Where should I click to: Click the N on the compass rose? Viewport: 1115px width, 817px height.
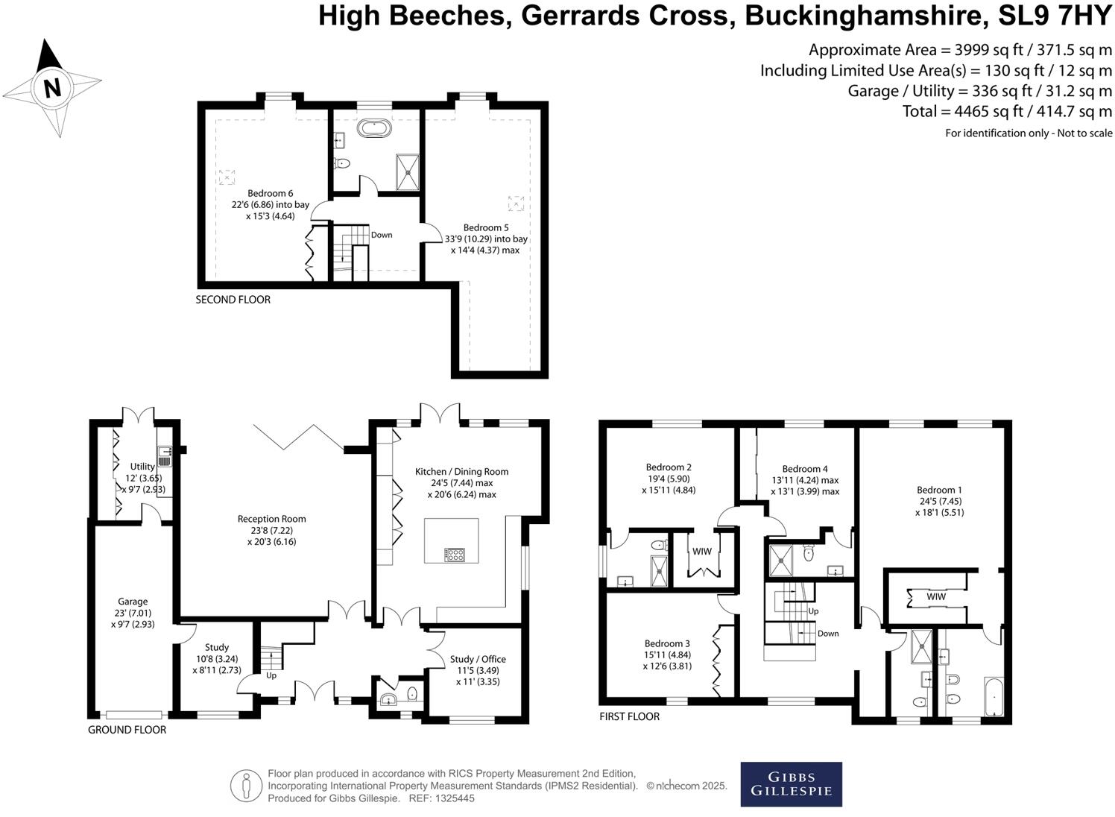[51, 88]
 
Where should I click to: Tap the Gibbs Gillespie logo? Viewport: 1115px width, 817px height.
[791, 783]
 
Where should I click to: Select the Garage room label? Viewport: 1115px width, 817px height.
[133, 602]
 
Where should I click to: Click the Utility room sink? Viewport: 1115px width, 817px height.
[165, 455]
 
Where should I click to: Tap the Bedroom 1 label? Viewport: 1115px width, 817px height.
[939, 490]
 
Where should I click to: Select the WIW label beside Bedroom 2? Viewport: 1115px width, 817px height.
[702, 552]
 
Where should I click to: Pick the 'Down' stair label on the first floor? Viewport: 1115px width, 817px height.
[827, 634]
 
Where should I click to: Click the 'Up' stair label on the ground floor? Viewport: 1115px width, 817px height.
[271, 675]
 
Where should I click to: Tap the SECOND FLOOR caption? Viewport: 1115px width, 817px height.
[233, 300]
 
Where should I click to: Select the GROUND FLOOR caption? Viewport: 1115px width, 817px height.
[127, 730]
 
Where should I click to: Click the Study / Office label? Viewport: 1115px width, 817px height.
[478, 659]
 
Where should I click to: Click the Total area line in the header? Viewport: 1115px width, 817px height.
[1007, 112]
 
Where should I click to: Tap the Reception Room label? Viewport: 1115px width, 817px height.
[271, 519]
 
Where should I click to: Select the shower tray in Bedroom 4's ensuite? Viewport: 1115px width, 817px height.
[779, 560]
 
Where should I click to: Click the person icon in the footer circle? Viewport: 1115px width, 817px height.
[245, 786]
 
